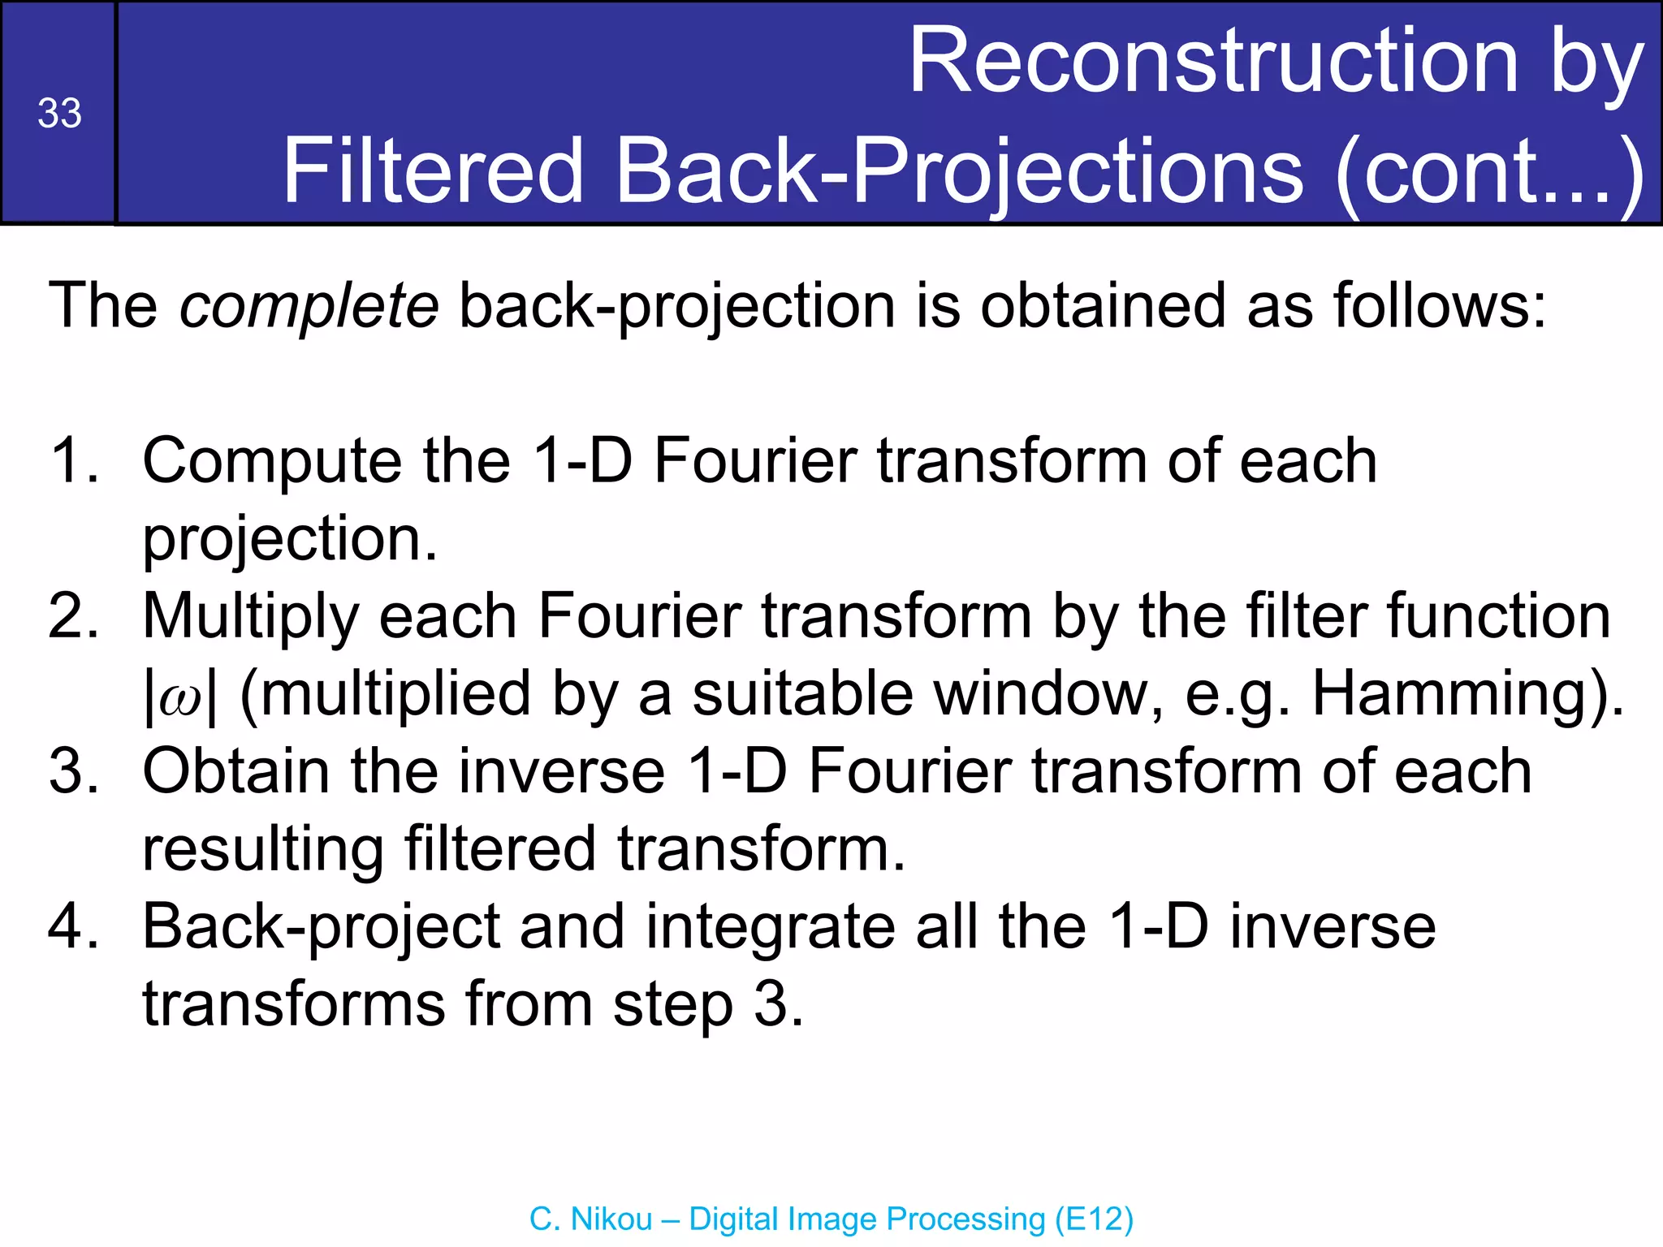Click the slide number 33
(59, 114)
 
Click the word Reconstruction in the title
(1213, 62)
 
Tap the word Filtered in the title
(433, 171)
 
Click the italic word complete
(309, 306)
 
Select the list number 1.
(73, 461)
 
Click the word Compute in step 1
(272, 461)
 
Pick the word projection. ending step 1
(290, 539)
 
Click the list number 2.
(73, 616)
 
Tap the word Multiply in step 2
(250, 616)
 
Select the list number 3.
(73, 771)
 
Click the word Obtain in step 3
(235, 771)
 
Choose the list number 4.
(73, 926)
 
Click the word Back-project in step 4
(322, 926)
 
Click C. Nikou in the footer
(590, 1219)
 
